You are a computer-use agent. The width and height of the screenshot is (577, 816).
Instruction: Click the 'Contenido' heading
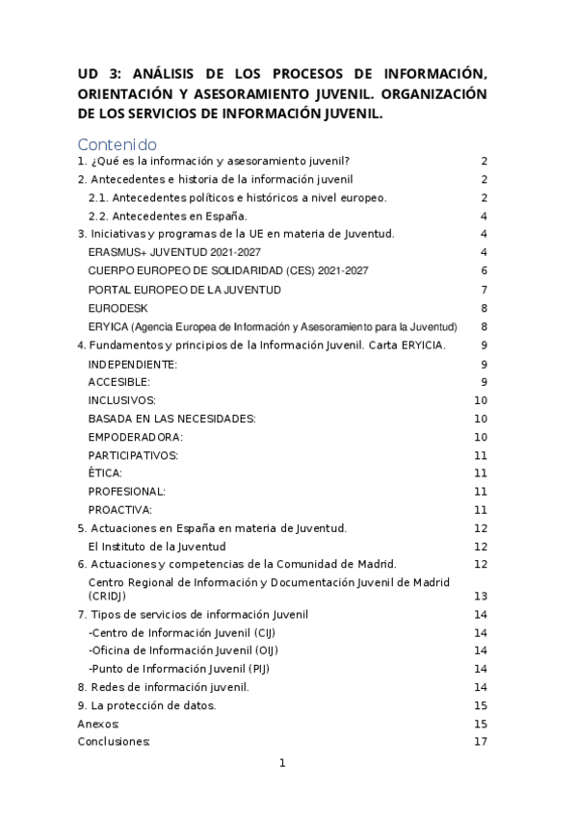pyautogui.click(x=117, y=144)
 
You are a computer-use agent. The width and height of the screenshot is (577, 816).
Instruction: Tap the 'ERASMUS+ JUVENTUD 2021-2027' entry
pyautogui.click(x=174, y=252)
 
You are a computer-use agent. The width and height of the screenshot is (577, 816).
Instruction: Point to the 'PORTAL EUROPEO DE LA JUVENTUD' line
pyautogui.click(x=184, y=290)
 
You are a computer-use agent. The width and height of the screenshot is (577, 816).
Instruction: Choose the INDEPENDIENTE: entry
pyautogui.click(x=132, y=365)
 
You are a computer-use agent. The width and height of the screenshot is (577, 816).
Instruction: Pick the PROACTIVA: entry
pyautogui.click(x=119, y=510)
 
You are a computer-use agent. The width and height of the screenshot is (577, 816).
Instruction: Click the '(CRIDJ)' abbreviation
pyautogui.click(x=110, y=596)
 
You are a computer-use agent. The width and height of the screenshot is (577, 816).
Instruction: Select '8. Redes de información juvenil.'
pyautogui.click(x=163, y=687)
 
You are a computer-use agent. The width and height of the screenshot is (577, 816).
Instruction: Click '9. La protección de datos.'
pyautogui.click(x=146, y=705)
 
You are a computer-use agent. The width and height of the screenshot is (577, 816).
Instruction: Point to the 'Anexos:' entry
pyautogui.click(x=98, y=724)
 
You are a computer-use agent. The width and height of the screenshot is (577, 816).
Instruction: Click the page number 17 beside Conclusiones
pyautogui.click(x=481, y=742)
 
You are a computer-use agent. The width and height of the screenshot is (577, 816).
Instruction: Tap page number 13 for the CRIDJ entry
pyautogui.click(x=481, y=596)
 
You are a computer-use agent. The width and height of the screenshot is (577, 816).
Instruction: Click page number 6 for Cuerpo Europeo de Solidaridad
pyautogui.click(x=485, y=271)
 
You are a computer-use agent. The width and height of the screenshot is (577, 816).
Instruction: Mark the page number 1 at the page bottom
pyautogui.click(x=283, y=764)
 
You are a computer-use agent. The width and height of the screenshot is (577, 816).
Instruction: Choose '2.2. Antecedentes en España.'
pyautogui.click(x=168, y=216)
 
